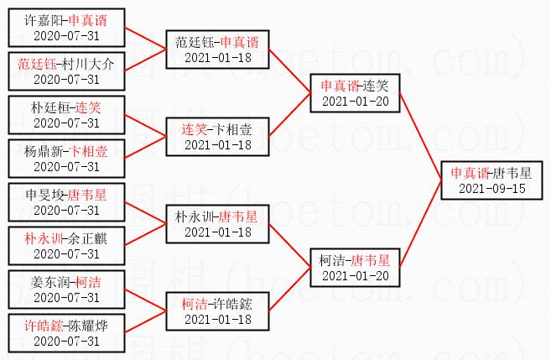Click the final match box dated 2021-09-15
[x=491, y=180]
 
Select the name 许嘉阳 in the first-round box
[x=44, y=20]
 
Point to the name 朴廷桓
[x=50, y=107]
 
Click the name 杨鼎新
[x=44, y=151]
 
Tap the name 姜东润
[x=50, y=282]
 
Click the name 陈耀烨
[x=88, y=326]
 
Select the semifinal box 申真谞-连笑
[x=355, y=93]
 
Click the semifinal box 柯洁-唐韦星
[x=355, y=268]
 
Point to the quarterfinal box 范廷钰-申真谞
[x=217, y=50]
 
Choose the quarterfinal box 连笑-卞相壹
[x=217, y=137]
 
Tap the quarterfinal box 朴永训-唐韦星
[x=217, y=224]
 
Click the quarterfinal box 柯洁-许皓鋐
[x=217, y=311]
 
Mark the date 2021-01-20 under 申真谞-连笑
[x=356, y=102]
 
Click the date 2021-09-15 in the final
[x=492, y=189]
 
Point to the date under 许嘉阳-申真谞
[x=66, y=35]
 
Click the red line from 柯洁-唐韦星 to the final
[x=420, y=224]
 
